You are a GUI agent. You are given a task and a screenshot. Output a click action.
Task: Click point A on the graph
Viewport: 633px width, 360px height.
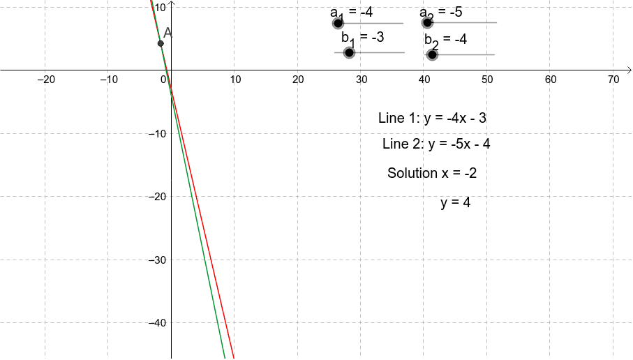click(x=161, y=43)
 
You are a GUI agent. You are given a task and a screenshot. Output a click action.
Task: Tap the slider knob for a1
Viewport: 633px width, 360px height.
click(x=338, y=23)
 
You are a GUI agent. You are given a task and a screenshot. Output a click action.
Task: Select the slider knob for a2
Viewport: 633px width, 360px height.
click(x=428, y=22)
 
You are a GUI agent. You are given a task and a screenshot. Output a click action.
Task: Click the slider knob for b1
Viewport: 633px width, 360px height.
click(x=349, y=52)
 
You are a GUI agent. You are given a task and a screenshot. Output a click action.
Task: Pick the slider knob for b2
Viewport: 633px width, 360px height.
click(x=432, y=54)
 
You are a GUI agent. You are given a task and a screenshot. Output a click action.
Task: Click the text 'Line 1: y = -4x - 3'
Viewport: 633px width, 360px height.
click(x=432, y=118)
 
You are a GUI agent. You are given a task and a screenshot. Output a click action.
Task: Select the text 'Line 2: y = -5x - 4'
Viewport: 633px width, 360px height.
click(x=436, y=144)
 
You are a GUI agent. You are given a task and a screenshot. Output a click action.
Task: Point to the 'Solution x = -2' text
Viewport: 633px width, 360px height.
click(x=432, y=173)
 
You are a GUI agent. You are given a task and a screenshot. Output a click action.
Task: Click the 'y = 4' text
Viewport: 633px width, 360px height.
click(x=455, y=203)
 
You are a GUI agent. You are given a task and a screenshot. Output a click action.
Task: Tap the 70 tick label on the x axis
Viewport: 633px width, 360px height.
click(x=613, y=80)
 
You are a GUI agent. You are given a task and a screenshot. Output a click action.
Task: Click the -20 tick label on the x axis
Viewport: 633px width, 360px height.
click(x=45, y=80)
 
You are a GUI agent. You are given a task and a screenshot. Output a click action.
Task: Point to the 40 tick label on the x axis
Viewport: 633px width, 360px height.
click(x=424, y=80)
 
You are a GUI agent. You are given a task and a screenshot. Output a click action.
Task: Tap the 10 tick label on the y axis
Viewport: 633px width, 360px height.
click(x=160, y=7)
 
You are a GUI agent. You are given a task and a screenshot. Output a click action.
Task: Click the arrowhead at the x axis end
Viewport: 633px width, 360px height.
click(x=629, y=70)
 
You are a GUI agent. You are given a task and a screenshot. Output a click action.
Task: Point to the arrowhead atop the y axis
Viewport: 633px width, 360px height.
click(x=171, y=3)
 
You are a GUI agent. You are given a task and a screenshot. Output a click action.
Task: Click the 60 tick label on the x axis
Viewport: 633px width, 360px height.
click(x=550, y=80)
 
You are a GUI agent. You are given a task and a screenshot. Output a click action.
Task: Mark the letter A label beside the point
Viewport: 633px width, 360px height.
click(x=167, y=33)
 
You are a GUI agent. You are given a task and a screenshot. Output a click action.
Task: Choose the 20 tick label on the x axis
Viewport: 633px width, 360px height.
click(x=298, y=80)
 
